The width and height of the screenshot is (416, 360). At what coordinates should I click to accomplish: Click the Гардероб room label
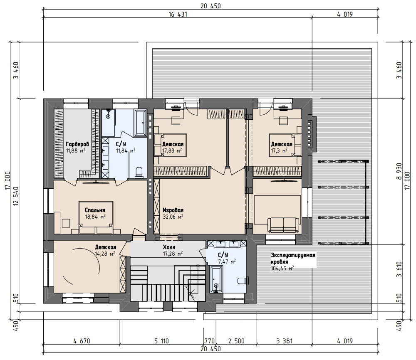click(x=77, y=144)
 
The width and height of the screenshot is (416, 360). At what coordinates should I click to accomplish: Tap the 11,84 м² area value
click(x=126, y=150)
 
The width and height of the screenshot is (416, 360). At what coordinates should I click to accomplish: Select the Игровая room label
click(x=173, y=210)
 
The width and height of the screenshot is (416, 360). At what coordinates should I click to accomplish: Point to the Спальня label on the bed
click(x=95, y=210)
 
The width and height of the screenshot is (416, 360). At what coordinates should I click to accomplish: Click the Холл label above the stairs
click(x=169, y=247)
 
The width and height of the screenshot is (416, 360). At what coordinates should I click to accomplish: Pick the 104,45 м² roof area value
click(x=282, y=268)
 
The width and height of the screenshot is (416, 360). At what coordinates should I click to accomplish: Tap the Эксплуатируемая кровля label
click(x=293, y=259)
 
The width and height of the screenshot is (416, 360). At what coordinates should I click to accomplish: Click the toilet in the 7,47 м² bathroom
click(x=243, y=281)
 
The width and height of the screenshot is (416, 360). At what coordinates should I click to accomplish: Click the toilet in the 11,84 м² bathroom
click(x=139, y=173)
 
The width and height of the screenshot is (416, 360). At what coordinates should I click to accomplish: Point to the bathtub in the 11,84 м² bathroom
click(x=140, y=123)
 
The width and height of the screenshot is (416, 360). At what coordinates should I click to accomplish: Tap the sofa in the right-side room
click(x=283, y=225)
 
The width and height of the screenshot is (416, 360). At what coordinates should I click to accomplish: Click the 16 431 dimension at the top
click(x=178, y=14)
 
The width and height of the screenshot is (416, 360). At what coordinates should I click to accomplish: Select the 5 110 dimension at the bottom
click(x=161, y=341)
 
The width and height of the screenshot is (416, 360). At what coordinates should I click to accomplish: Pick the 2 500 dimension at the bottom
click(x=236, y=341)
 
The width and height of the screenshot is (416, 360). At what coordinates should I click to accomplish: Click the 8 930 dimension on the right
click(x=399, y=171)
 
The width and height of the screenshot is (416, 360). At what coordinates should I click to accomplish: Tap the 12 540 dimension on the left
click(x=16, y=196)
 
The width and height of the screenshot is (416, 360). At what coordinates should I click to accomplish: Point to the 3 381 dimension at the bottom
click(x=285, y=341)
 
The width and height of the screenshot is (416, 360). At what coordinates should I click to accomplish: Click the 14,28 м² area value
click(x=105, y=254)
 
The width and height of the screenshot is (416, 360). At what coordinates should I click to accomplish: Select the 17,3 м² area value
click(x=279, y=150)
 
